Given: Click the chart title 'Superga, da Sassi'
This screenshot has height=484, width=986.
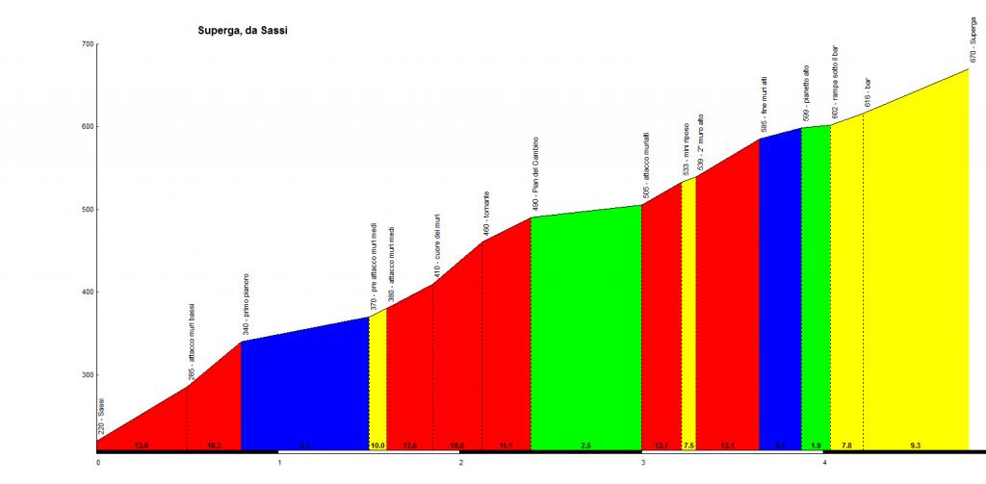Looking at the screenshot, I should [237, 29].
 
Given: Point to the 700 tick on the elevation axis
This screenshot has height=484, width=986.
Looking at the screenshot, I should [87, 44].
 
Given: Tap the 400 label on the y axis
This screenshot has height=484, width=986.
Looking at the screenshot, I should [87, 293].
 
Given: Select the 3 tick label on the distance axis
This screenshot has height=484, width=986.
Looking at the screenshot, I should [642, 461].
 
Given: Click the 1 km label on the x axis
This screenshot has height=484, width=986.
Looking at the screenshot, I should [278, 461].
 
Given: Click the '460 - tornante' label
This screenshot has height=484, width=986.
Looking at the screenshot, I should [486, 213].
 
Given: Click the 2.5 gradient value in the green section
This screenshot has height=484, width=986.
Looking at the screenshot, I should [586, 446].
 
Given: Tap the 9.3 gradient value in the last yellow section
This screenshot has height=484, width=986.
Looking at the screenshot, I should [915, 446].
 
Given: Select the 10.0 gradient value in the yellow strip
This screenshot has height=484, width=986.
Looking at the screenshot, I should [377, 446].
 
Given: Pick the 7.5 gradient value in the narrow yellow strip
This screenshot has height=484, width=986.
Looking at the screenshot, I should [688, 446].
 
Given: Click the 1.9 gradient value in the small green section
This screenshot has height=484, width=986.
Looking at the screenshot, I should [816, 446].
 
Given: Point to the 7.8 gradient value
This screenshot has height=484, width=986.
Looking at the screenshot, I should [846, 446].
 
